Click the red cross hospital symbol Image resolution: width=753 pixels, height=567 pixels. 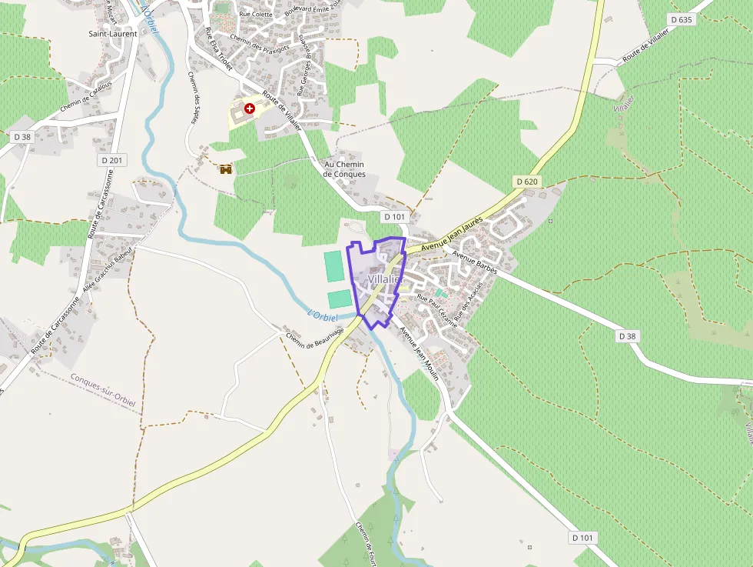coord(249,108)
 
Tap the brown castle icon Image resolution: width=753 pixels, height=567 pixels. coord(225,169)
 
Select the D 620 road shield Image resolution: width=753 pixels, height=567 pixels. coord(526,182)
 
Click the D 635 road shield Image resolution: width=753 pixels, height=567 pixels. coord(682,19)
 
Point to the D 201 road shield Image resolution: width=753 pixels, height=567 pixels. coord(112,160)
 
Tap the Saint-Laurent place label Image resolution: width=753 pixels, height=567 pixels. coord(113,34)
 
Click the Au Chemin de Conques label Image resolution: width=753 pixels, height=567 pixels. coord(344,169)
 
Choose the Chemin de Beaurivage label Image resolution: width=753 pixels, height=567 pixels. coord(315,336)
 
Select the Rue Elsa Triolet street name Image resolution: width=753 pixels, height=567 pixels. coord(218,49)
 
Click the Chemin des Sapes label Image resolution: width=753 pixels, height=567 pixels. coord(194,98)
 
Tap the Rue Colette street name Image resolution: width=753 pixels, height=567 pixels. coord(257,14)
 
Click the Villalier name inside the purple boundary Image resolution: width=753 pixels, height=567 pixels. coord(385,279)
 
